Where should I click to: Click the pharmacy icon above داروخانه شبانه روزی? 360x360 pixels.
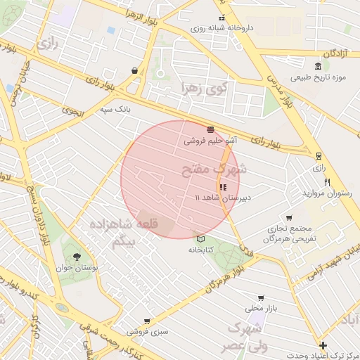(222, 19)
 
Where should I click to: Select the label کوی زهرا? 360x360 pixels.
(204, 89)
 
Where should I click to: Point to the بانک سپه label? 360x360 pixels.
(115, 110)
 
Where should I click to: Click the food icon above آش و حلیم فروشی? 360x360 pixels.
(211, 129)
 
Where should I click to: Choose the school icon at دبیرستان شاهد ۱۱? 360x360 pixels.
(223, 187)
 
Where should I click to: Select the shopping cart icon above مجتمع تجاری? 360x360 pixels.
(289, 217)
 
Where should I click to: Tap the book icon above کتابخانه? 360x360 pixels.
(200, 238)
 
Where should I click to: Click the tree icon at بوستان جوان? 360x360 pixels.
(76, 257)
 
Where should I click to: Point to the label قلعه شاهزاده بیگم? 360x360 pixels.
(131, 233)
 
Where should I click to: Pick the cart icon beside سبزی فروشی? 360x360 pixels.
(146, 321)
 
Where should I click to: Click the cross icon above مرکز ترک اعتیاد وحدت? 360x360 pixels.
(323, 345)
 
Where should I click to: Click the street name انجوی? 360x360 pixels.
(70, 109)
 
